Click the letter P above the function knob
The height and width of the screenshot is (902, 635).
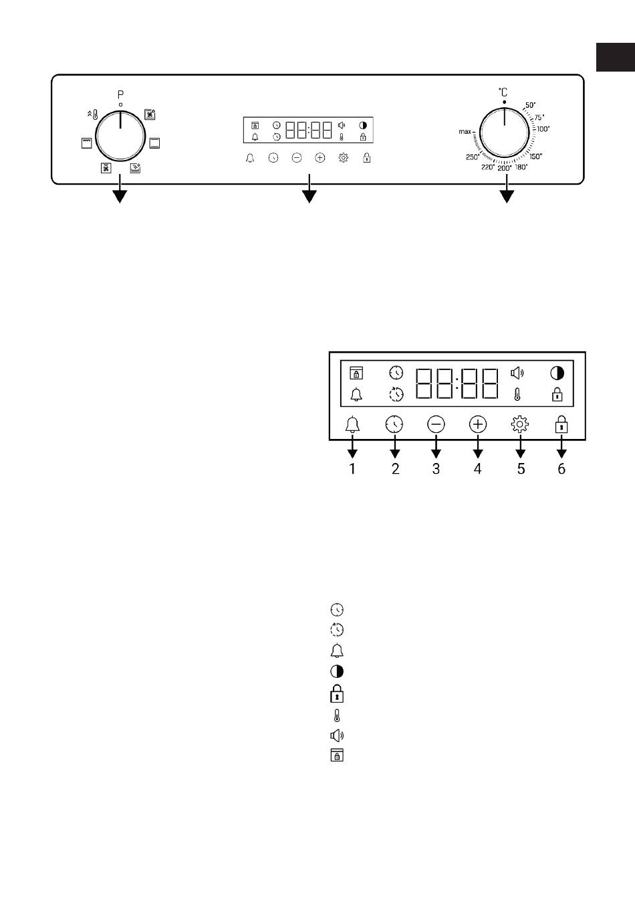120,95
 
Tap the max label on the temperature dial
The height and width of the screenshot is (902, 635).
465,132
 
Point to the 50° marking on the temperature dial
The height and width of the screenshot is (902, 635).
531,105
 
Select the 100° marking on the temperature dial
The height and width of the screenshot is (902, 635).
543,129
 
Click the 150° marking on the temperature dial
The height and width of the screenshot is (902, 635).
535,156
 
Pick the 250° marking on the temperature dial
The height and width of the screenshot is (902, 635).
473,157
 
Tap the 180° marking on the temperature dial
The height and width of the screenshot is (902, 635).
521,167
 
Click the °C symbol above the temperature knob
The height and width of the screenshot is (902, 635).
503,92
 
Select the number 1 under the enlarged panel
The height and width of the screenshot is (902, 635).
352,468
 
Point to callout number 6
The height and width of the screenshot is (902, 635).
561,468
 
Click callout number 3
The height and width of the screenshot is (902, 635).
436,468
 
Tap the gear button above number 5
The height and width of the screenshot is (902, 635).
520,424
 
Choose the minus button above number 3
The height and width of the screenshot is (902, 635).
436,424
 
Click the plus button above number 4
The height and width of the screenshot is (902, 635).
478,424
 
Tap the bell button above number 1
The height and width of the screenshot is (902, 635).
353,424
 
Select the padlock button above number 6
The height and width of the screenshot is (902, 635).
561,424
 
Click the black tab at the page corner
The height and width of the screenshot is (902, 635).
616,57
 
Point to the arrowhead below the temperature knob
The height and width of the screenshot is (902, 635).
507,197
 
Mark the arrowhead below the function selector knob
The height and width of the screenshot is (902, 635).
120,197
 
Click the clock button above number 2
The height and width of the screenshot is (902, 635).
394,424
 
